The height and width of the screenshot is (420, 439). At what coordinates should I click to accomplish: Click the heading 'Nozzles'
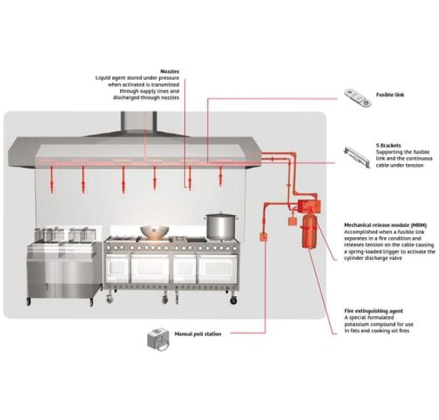pyautogui.click(x=169, y=71)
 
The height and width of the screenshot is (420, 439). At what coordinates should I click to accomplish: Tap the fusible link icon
pyautogui.click(x=357, y=98)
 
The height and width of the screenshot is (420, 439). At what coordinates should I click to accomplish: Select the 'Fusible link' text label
pyautogui.click(x=390, y=95)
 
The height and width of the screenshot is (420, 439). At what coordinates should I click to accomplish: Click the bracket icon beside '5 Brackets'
pyautogui.click(x=357, y=157)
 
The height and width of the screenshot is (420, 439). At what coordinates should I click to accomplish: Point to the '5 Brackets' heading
pyautogui.click(x=388, y=145)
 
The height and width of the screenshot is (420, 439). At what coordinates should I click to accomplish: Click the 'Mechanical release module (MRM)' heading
pyautogui.click(x=385, y=225)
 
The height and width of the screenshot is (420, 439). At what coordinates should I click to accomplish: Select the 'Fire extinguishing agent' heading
pyautogui.click(x=373, y=311)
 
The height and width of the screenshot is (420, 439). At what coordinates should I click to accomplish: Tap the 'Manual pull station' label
pyautogui.click(x=198, y=334)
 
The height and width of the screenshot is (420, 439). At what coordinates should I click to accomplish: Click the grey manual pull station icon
pyautogui.click(x=158, y=339)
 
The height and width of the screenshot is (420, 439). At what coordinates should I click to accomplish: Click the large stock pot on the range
pyautogui.click(x=221, y=227)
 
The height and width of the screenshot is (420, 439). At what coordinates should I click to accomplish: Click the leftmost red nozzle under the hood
pyautogui.click(x=52, y=180)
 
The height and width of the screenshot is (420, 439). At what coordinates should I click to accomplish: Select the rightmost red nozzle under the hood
pyautogui.click(x=220, y=176)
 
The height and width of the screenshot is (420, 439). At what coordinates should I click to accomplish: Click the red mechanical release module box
pyautogui.click(x=309, y=206)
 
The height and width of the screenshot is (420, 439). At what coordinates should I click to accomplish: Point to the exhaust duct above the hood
pyautogui.click(x=139, y=122)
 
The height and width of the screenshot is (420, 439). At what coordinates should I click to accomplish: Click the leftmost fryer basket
pyautogui.click(x=42, y=235)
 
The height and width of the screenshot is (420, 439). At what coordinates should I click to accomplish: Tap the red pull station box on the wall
pyautogui.click(x=263, y=237)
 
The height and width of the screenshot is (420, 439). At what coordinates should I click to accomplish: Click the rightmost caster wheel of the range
pyautogui.click(x=233, y=300)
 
